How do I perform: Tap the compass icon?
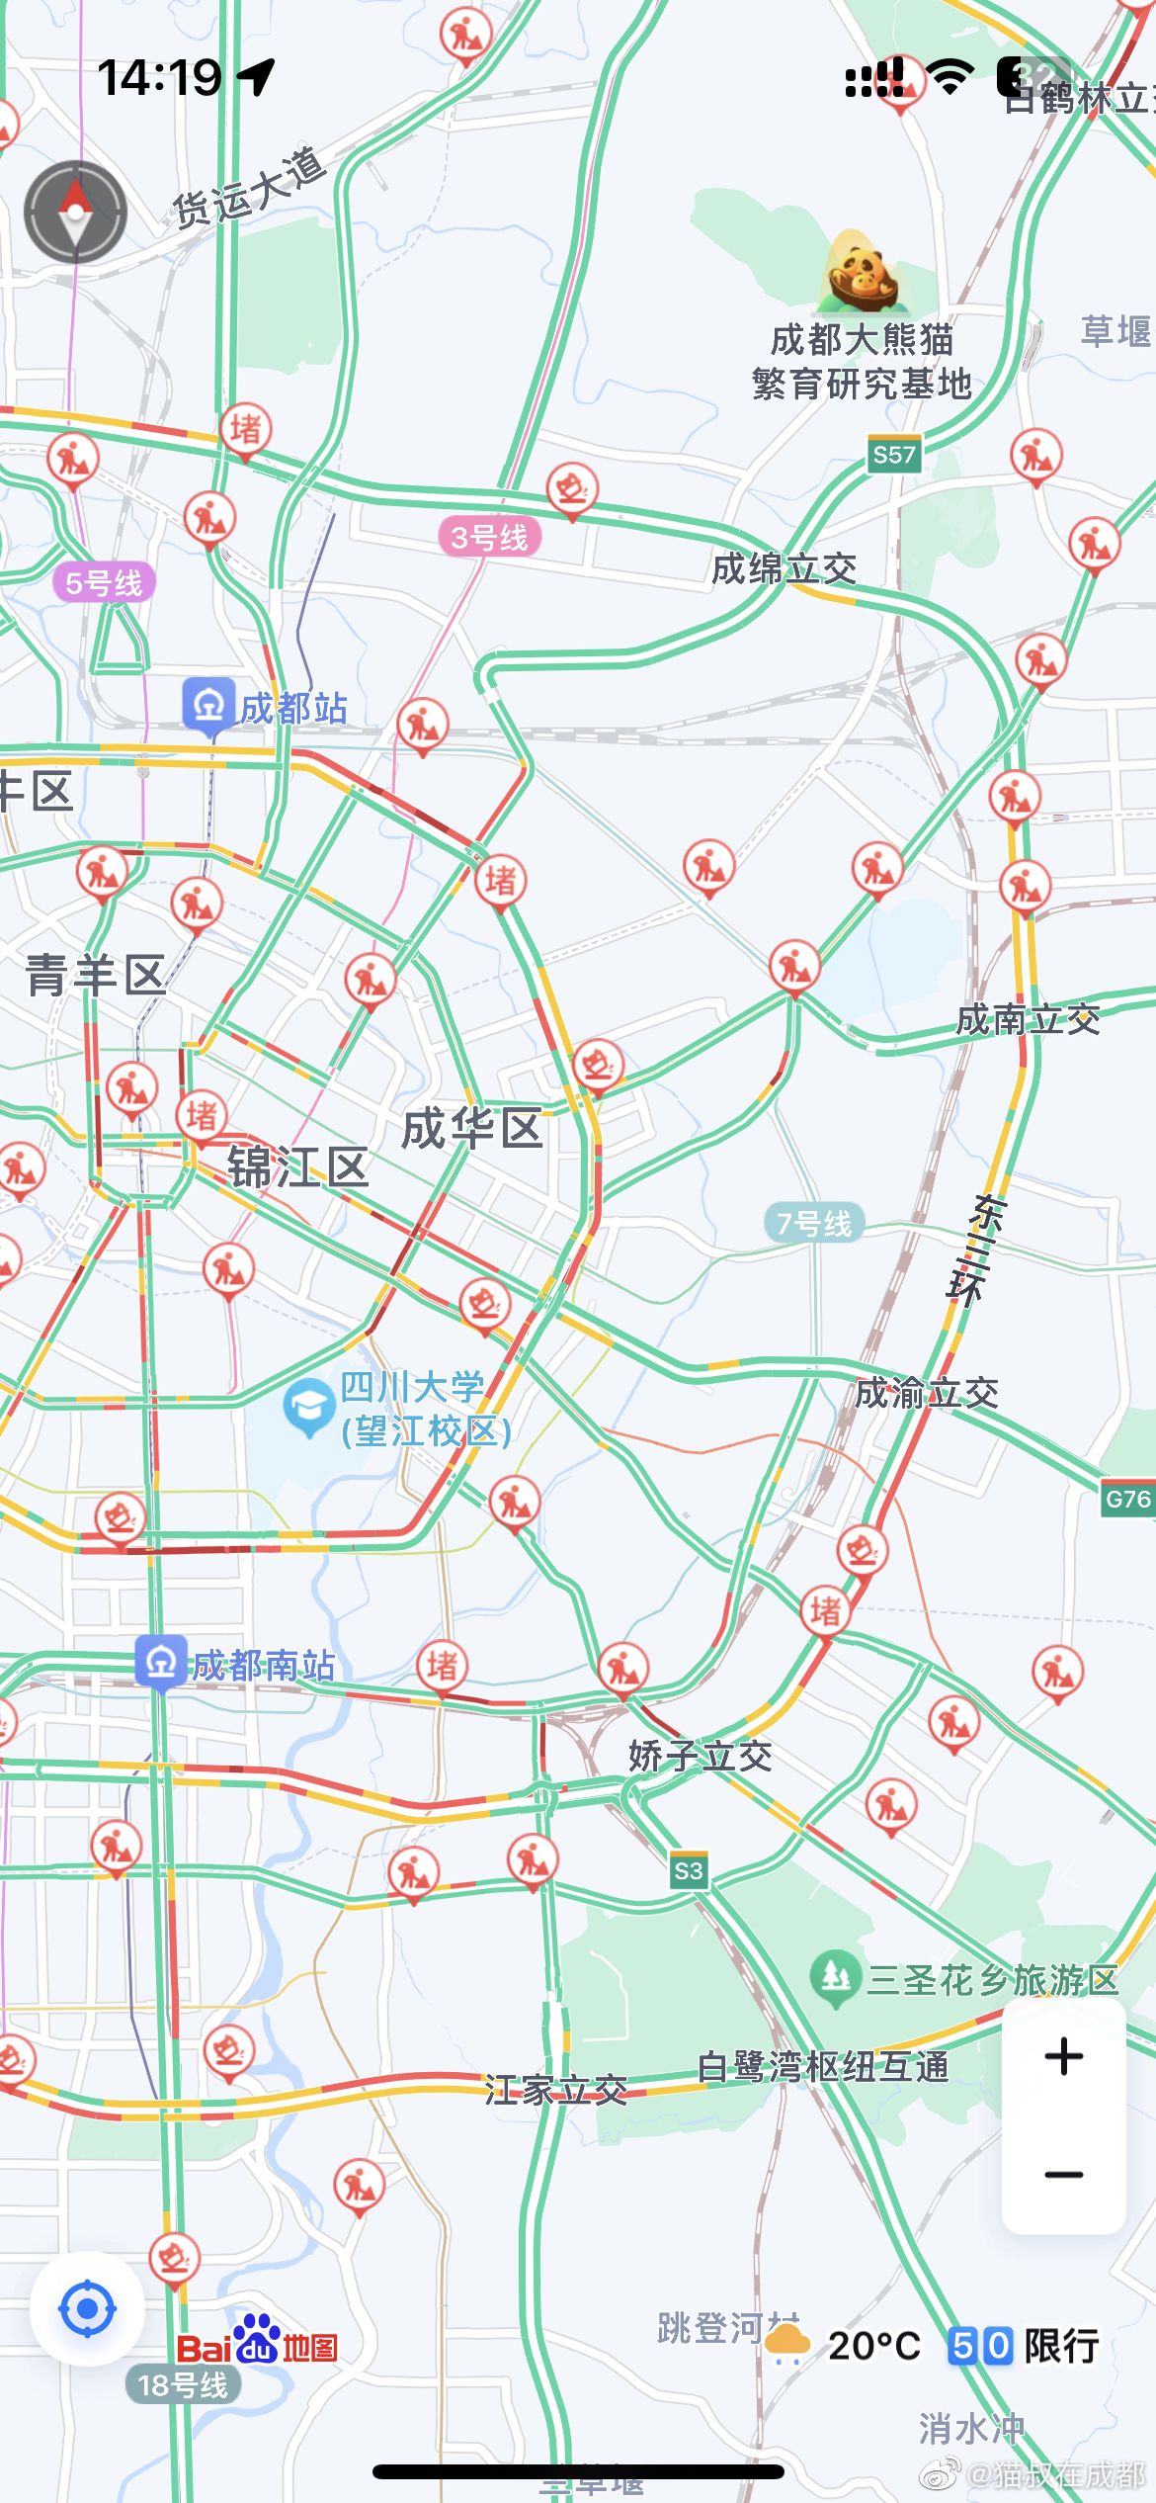point(75,212)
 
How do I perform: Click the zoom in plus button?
point(1063,2056)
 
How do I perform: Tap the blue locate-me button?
point(87,2309)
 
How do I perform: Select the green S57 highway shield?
point(894,455)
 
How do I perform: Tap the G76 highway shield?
point(1127,1499)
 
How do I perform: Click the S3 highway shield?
point(688,1870)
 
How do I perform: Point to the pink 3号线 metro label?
point(489,538)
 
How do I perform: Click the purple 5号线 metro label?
point(104,583)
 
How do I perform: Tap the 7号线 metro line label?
point(814,1224)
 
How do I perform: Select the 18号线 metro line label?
point(183,2385)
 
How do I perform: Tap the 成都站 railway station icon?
point(208,706)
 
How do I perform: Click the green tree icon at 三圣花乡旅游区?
point(836,1978)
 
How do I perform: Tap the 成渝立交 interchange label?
point(927,1393)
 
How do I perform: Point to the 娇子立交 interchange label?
point(700,1757)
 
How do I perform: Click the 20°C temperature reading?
point(873,2345)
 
